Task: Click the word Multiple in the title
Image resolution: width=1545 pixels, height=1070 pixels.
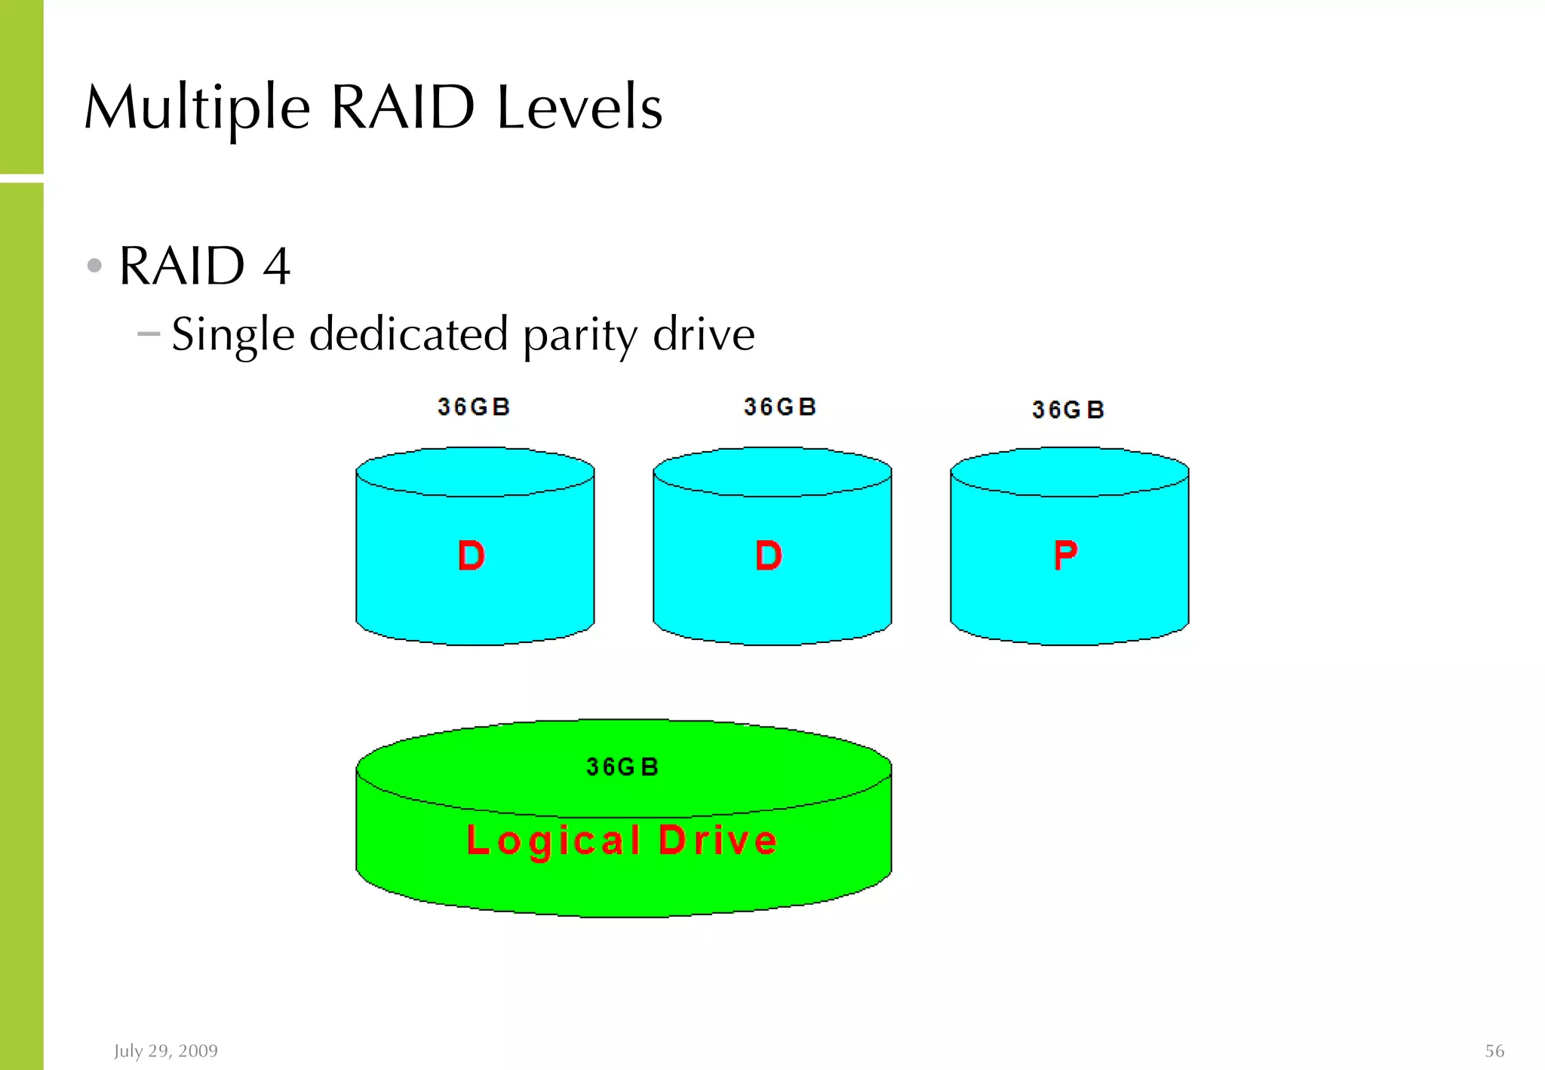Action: pos(197,109)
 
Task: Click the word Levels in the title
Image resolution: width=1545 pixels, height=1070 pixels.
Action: pos(579,107)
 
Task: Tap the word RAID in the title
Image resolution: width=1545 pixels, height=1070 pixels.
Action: pos(402,107)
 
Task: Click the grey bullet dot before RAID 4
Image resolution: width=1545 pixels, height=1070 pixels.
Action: pos(94,266)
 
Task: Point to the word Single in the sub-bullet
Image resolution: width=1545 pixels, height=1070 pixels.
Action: pos(232,334)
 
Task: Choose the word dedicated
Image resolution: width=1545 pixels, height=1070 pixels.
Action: pos(408,334)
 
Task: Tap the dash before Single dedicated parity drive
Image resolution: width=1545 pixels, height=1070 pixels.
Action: pos(149,333)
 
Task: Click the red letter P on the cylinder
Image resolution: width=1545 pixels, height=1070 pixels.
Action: pos(1065,555)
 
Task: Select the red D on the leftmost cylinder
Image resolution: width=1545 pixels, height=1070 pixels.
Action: pos(471,556)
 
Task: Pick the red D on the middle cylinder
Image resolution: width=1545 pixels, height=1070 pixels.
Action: pos(769,556)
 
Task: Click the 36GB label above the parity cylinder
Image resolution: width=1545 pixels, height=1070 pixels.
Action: pos(1067,410)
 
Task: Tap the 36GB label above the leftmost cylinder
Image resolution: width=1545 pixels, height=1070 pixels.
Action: pos(474,407)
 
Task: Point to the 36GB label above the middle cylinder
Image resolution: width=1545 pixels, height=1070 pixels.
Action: pos(779,407)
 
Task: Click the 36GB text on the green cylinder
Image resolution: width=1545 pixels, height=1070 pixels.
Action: pos(622,767)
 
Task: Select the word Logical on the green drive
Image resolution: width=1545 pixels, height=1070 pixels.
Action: pos(554,840)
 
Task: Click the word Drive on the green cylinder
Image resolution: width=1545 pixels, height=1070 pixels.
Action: pos(717,840)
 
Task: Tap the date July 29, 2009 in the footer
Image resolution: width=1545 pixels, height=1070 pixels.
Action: pos(166,1050)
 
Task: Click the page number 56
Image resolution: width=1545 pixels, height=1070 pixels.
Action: pos(1494,1050)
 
